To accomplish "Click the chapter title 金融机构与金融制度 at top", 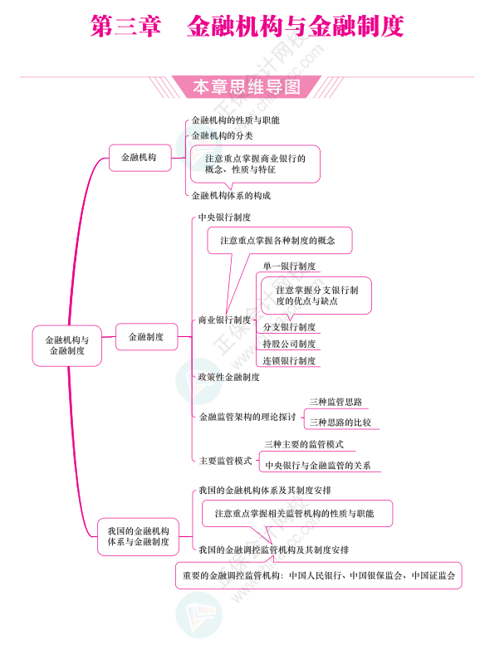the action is pyautogui.click(x=295, y=26).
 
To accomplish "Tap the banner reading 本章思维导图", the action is pyautogui.click(x=247, y=87).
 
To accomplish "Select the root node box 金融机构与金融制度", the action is pyautogui.click(x=67, y=345).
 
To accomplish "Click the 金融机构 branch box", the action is pyautogui.click(x=140, y=158).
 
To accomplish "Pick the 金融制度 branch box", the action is pyautogui.click(x=146, y=337).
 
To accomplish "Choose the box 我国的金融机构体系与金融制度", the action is pyautogui.click(x=138, y=536).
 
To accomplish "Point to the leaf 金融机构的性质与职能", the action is pyautogui.click(x=235, y=120).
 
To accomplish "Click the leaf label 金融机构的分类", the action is pyautogui.click(x=222, y=136).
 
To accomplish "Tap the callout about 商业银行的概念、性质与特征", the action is pyautogui.click(x=255, y=164).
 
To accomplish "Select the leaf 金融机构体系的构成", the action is pyautogui.click(x=231, y=195).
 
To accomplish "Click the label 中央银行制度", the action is pyautogui.click(x=224, y=217).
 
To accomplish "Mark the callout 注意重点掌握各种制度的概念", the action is pyautogui.click(x=280, y=240).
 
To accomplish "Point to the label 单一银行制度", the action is pyautogui.click(x=289, y=266).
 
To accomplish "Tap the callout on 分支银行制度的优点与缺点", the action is pyautogui.click(x=316, y=296).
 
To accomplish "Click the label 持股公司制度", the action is pyautogui.click(x=289, y=344).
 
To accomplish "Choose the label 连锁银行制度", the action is pyautogui.click(x=289, y=361).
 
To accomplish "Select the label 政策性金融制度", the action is pyautogui.click(x=228, y=377).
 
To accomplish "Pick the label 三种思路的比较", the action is pyautogui.click(x=340, y=422).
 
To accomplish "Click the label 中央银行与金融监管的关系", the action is pyautogui.click(x=318, y=465).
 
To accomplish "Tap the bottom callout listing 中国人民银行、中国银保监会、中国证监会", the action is pyautogui.click(x=319, y=575).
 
